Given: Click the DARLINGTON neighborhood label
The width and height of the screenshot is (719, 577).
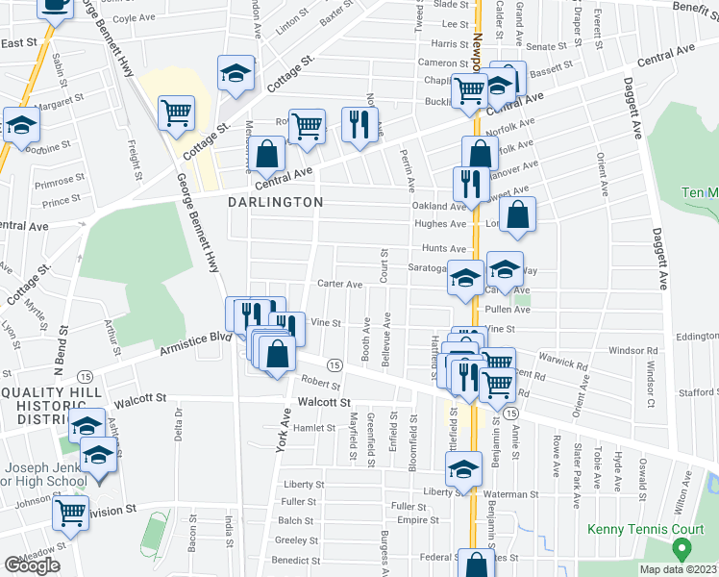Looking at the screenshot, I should click(275, 203).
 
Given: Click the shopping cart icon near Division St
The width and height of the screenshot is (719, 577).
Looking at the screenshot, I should click(70, 512).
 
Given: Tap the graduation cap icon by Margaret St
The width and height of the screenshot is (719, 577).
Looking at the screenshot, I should click(20, 125).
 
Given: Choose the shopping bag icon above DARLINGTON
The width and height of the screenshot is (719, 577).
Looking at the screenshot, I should click(270, 153).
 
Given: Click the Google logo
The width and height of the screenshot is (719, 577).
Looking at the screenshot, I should click(32, 565).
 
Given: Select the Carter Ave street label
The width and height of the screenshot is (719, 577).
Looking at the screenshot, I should click(340, 285).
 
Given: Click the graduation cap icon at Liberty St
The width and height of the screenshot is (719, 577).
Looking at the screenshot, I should click(463, 470).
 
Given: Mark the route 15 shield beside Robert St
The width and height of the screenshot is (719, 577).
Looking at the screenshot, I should click(335, 365).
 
